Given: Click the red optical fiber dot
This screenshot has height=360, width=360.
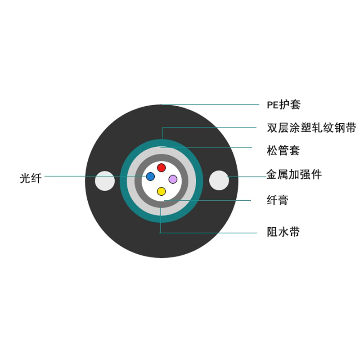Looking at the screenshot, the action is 161,168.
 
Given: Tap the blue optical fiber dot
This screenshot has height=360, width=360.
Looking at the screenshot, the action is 150,176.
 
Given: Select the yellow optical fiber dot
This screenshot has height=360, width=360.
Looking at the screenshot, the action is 161,191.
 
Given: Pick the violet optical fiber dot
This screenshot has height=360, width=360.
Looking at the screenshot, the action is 173,179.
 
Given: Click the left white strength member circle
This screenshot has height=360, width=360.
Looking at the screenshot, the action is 105,181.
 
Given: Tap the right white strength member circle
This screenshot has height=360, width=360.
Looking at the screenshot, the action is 219,180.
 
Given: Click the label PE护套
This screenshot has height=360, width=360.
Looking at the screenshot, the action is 283,105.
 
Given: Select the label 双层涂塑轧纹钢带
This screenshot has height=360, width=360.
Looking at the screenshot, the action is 311,128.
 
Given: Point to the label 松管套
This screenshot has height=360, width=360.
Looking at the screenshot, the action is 283,150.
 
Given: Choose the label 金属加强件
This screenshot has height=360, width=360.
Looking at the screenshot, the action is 294,175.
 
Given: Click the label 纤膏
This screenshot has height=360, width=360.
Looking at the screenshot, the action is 277,200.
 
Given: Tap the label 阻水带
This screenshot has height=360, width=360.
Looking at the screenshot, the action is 283,233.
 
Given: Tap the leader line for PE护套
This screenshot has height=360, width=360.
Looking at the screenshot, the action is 211,105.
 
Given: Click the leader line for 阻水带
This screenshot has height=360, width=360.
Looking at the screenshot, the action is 211,233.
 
